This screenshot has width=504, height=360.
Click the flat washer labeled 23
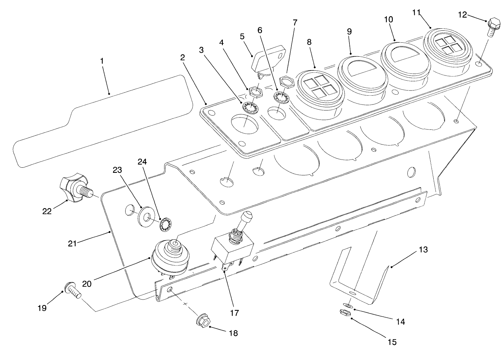point(146,217)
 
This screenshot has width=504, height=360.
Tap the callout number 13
point(423,250)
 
